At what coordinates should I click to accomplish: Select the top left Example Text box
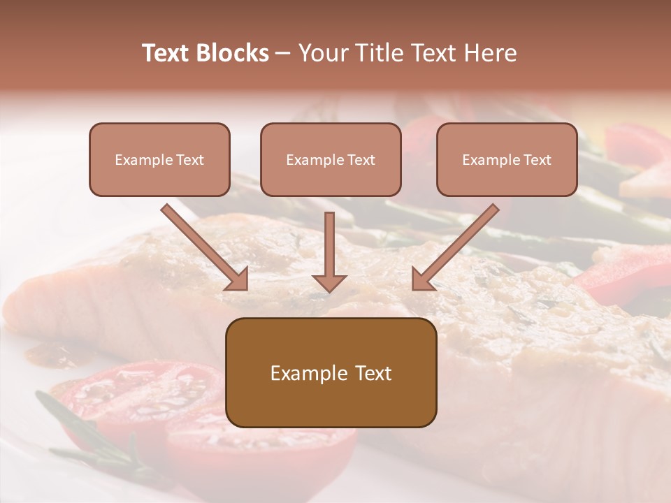(x=159, y=159)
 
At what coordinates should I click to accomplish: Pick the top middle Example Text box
(x=331, y=159)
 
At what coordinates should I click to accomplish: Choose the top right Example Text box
(x=507, y=159)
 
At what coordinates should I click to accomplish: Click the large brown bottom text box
(x=331, y=372)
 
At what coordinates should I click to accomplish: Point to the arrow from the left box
(x=204, y=246)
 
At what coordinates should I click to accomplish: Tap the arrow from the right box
(x=456, y=246)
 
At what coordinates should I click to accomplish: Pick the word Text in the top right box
(x=537, y=160)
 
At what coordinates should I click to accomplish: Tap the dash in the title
(x=284, y=53)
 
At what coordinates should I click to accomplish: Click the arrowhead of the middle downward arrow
(x=329, y=282)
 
